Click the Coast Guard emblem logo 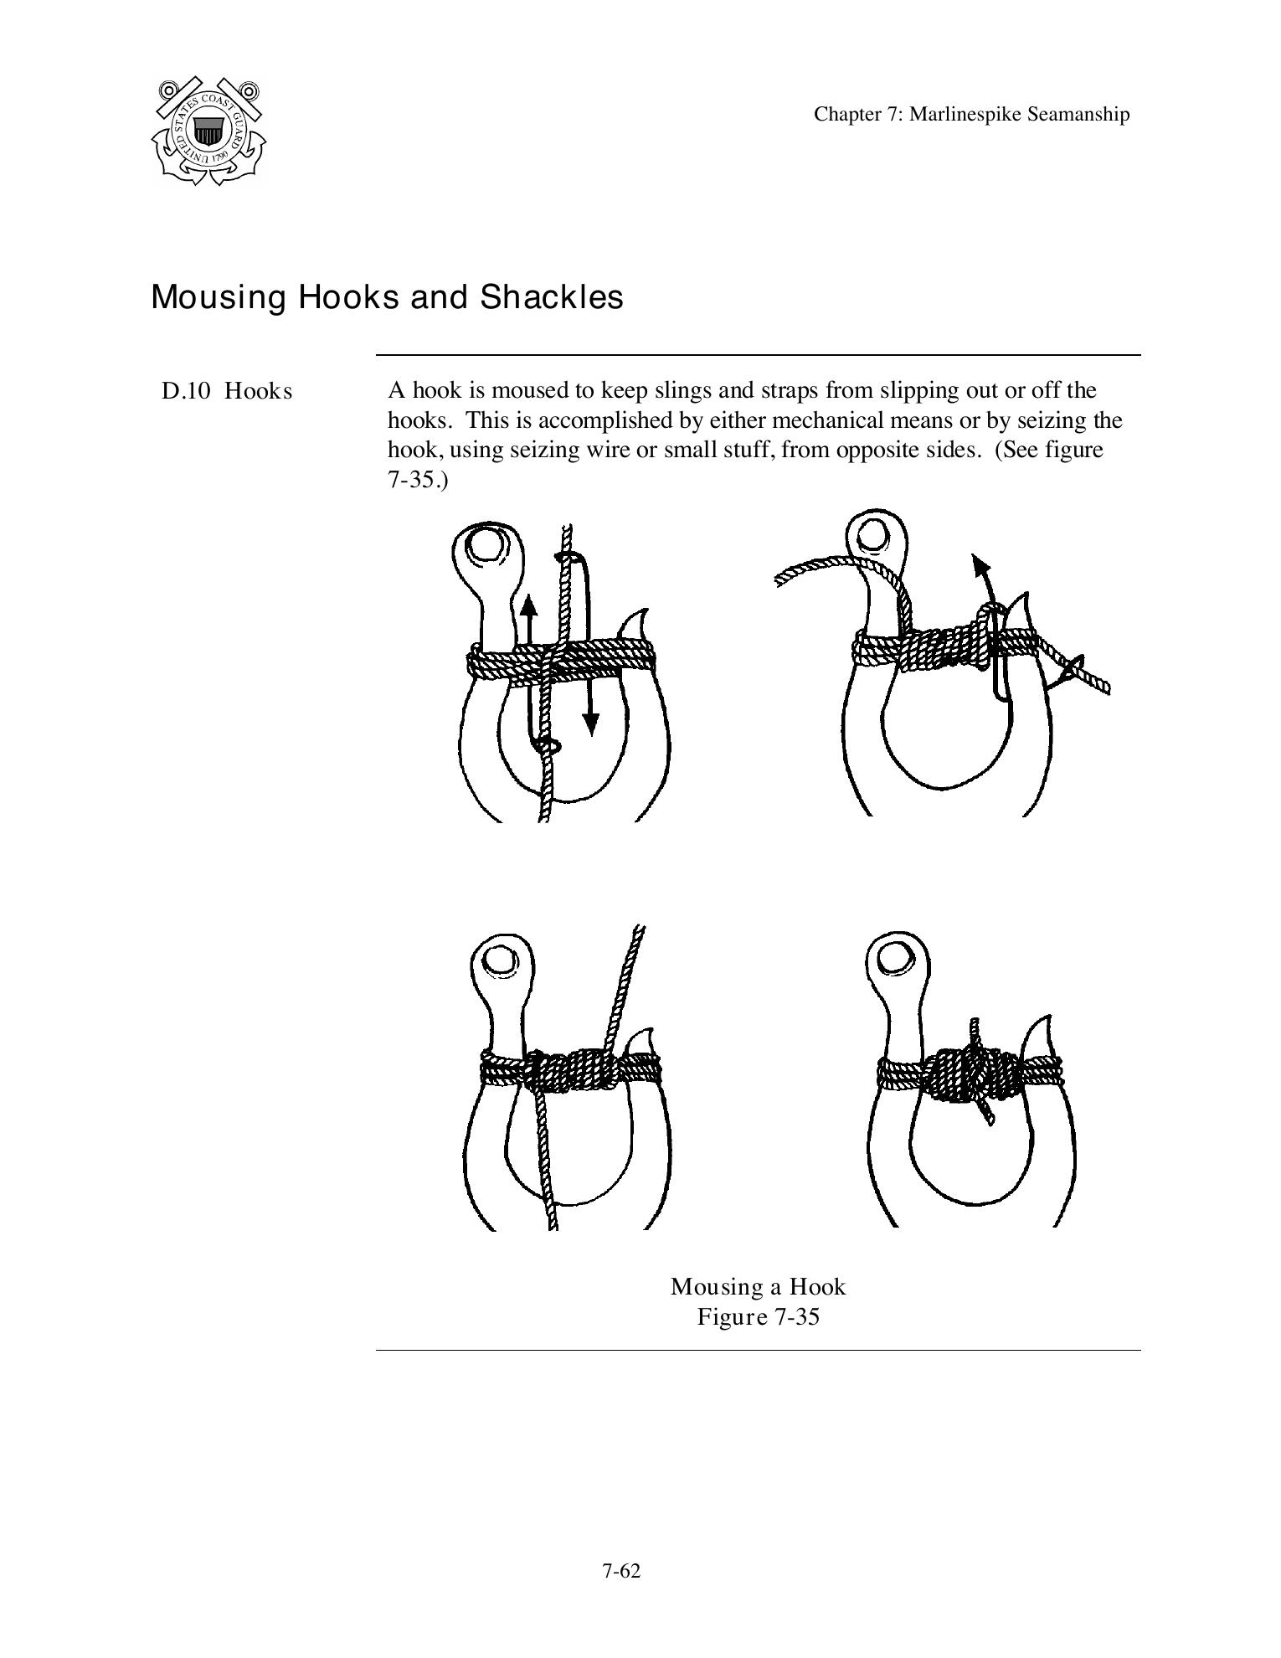pyautogui.click(x=209, y=131)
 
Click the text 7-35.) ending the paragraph pyautogui.click(x=418, y=481)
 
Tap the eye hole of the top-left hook pyautogui.click(x=486, y=545)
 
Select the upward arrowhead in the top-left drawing pyautogui.click(x=527, y=605)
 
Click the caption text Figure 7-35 pyautogui.click(x=758, y=1317)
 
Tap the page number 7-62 pyautogui.click(x=620, y=1572)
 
